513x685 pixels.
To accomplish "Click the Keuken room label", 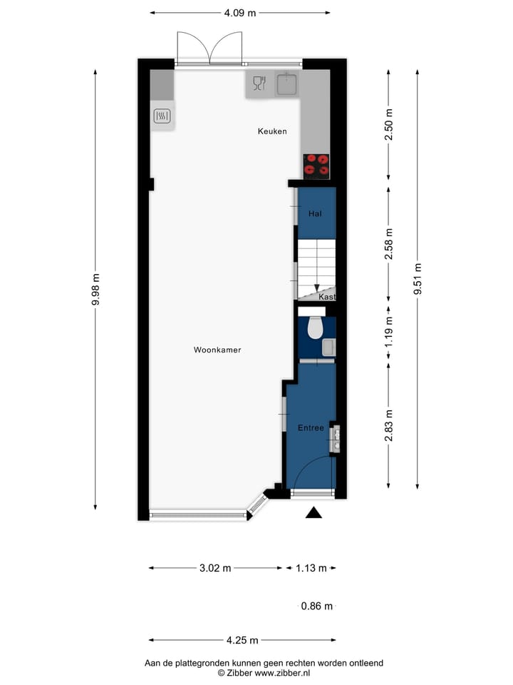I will pos(272,131).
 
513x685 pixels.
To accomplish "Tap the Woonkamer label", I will pos(217,350).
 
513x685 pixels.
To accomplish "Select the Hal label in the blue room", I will pos(314,214).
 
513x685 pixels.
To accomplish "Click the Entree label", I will pos(311,428).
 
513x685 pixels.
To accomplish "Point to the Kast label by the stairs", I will pos(327,297).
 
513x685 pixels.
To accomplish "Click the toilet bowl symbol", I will pos(314,328).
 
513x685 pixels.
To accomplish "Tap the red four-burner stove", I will pos(316,165).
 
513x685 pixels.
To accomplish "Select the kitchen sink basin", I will pos(288,83).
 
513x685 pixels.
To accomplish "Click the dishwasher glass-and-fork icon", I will pos(259,83).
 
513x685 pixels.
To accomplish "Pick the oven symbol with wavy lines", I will pos(162,115).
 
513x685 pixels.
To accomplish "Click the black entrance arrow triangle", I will pos(313,512).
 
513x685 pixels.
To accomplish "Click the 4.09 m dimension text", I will pos(240,12).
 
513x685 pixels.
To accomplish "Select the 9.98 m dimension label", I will pos(95,290).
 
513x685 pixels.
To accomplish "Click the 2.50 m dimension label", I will pos(388,125).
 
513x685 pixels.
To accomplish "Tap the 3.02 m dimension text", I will pos(215,569).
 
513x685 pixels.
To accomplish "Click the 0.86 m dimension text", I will pos(316,607).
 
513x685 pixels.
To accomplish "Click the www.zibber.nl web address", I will pos(283,673).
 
